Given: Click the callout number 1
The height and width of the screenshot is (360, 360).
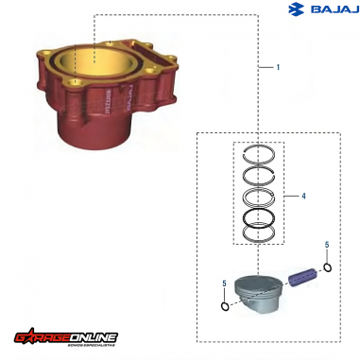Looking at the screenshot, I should click(277, 68).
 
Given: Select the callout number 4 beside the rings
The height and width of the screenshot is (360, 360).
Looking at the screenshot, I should click(302, 197).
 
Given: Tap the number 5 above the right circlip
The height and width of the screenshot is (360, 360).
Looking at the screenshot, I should click(326, 246).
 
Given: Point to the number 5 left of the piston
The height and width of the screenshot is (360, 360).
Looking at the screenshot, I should click(223, 283).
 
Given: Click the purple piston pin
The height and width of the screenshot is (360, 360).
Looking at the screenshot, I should click(302, 276).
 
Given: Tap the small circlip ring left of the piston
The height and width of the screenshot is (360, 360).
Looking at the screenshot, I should click(223, 304).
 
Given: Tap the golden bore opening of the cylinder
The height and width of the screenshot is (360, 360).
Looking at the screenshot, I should click(83, 63).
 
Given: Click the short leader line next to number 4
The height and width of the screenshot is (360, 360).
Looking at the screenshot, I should click(291, 197).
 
